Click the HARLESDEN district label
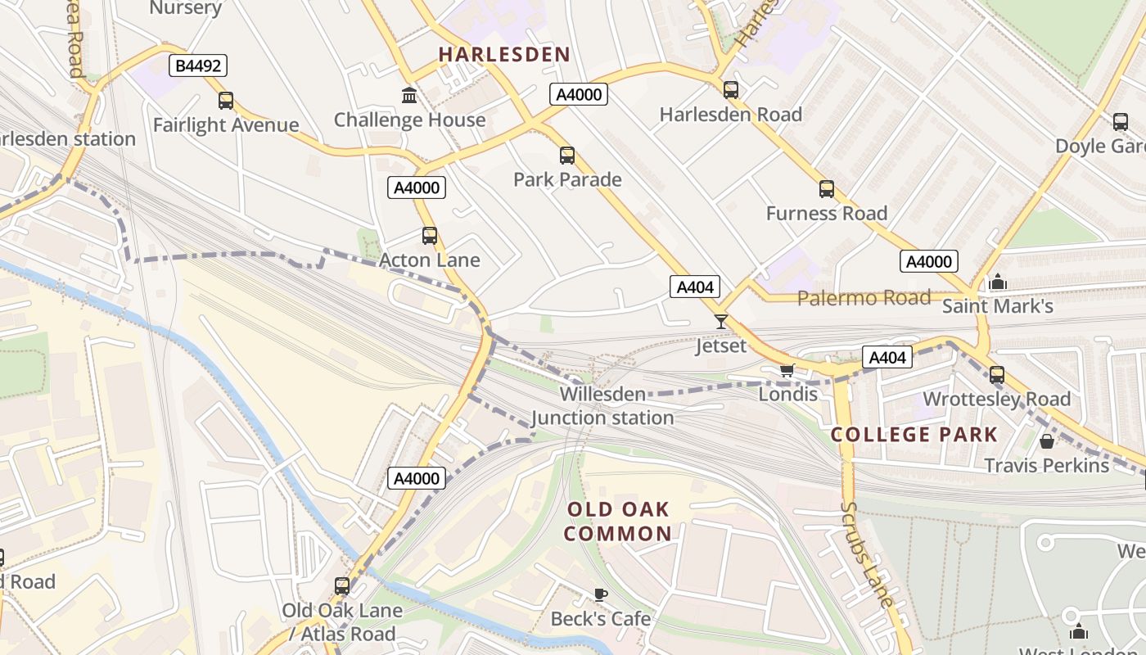click(504, 55)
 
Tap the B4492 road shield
click(198, 65)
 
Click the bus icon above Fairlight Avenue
click(226, 101)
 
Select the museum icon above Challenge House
click(409, 96)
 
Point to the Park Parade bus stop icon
click(567, 156)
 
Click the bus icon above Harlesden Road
click(731, 90)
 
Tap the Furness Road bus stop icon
click(827, 189)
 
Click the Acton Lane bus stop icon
click(430, 236)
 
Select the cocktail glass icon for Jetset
click(721, 322)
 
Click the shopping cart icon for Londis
click(787, 370)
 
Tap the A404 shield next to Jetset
click(696, 287)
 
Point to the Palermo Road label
click(864, 297)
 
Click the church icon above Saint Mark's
click(997, 282)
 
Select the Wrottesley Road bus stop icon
click(997, 375)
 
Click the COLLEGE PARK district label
click(914, 435)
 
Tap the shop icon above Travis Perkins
click(1046, 442)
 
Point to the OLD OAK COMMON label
click(619, 522)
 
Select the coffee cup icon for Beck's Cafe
click(601, 594)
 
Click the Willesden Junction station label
click(602, 406)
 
